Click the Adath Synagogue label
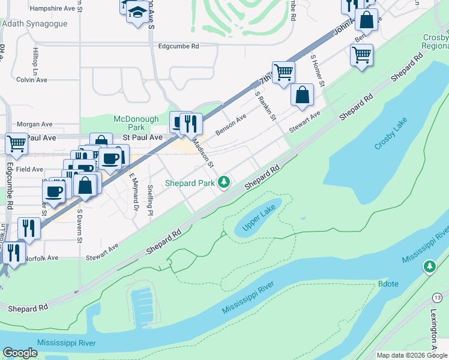[34, 24]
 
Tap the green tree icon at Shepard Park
[224, 181]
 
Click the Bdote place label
[388, 284]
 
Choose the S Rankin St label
[265, 106]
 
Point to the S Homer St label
[318, 70]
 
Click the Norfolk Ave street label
[41, 258]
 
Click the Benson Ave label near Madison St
[231, 125]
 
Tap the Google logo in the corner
[20, 353]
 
